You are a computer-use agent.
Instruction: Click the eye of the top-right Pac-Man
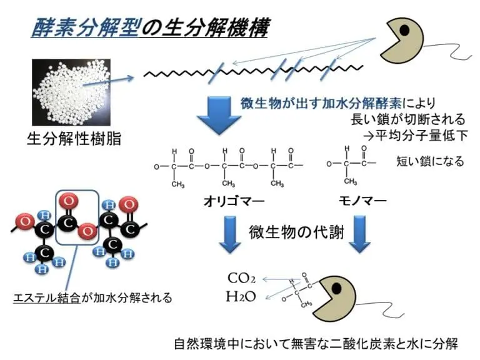point(405,29)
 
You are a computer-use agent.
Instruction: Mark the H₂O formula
point(241,296)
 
